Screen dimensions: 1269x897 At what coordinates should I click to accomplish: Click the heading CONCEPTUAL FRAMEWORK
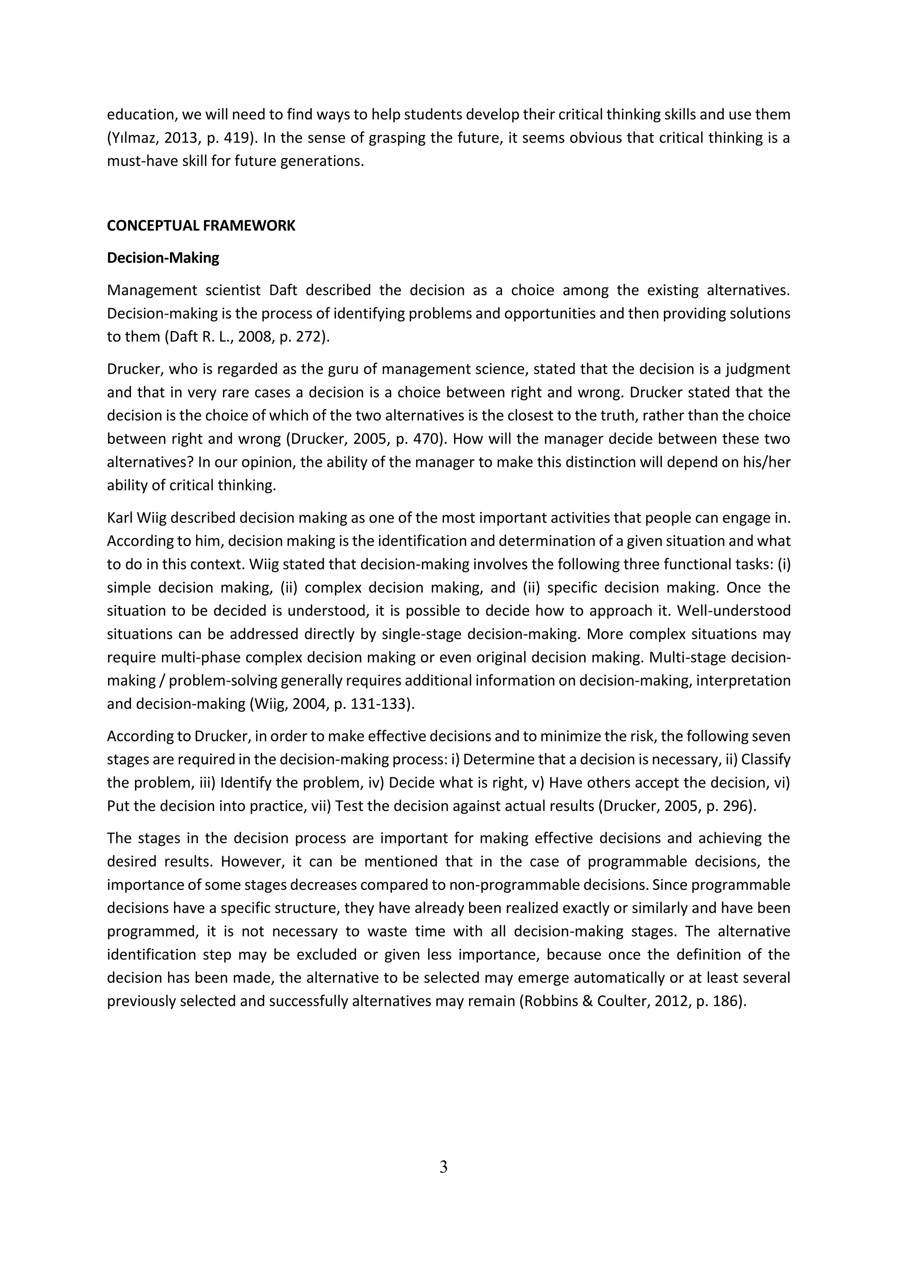pos(201,226)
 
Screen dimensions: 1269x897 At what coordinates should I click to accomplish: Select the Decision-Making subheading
pos(163,258)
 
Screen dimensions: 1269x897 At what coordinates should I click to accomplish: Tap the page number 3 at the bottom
pos(443,1167)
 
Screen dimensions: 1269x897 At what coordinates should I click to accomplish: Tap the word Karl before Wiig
pos(120,518)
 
